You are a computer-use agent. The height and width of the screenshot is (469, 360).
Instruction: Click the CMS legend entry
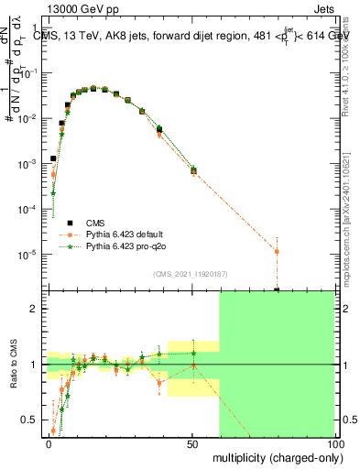pyautogui.click(x=95, y=224)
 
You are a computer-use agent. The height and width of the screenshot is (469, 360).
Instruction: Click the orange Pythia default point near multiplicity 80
pyautogui.click(x=277, y=251)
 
